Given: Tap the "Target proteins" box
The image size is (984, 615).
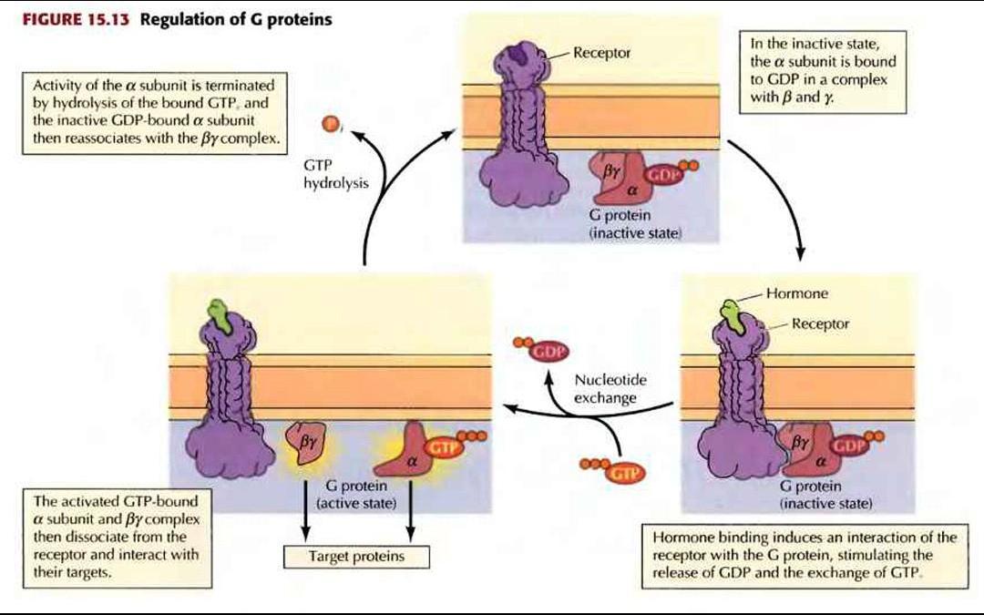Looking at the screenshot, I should pos(356,555).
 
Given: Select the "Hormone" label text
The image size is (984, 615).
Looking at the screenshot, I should pos(796,294).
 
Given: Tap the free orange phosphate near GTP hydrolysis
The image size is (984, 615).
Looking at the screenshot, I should pos(331,123).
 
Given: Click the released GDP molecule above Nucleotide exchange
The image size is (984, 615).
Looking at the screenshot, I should pos(548,351).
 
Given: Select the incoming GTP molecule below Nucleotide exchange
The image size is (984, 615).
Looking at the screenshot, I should pos(621,472).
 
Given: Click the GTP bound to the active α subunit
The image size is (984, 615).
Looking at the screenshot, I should pos(442,446).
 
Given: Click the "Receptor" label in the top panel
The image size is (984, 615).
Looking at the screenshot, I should pos(602,53).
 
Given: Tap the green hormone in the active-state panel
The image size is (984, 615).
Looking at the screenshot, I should pos(216,313).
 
